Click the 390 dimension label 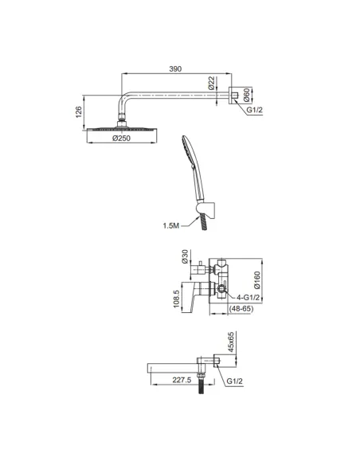click(x=175, y=68)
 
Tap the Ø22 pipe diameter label click(x=211, y=83)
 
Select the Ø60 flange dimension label click(x=246, y=96)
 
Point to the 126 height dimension click(x=79, y=111)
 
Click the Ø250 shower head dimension click(x=121, y=139)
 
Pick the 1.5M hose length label click(x=170, y=225)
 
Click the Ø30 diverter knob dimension click(x=185, y=256)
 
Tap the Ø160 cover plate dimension click(x=256, y=280)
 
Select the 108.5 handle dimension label click(x=177, y=299)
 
